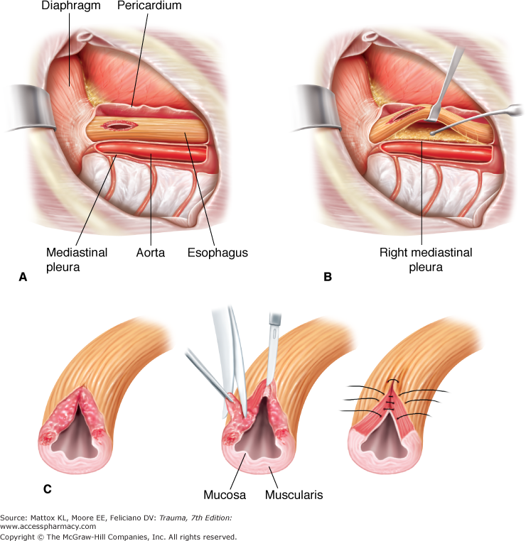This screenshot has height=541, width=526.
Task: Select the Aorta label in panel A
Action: tap(150, 252)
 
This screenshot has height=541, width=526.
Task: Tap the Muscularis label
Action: tap(294, 494)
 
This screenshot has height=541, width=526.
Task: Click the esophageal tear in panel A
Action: tap(119, 126)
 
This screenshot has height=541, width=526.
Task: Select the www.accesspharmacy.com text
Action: tap(48, 527)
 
